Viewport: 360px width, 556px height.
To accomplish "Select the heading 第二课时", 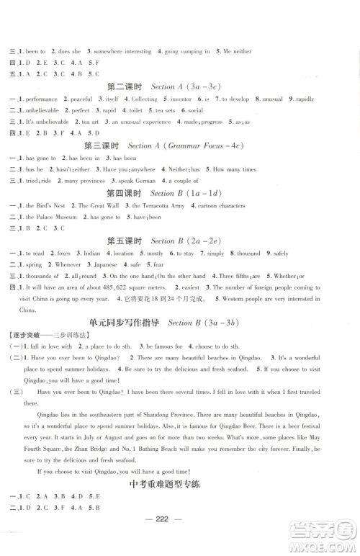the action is (125, 86).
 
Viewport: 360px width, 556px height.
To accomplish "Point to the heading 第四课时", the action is (125, 194).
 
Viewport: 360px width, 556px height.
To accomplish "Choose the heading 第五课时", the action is (125, 241).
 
